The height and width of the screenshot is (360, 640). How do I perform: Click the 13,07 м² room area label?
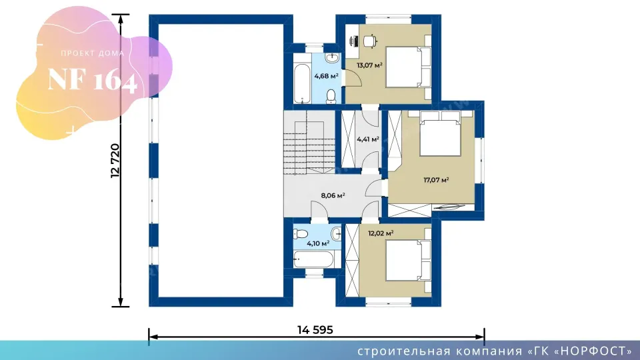pos(369,65)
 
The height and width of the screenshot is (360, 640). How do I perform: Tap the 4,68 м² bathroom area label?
pos(326,75)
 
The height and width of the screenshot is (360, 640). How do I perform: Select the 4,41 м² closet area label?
pos(368,139)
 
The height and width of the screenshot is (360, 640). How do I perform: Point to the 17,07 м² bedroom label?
pos(436,179)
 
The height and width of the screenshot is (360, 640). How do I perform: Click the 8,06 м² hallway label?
pos(333,195)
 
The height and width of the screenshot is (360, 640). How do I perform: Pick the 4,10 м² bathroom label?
pos(318,244)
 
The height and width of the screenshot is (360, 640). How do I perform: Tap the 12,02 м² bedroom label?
pos(381,233)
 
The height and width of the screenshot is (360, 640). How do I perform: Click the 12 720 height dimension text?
pos(115,161)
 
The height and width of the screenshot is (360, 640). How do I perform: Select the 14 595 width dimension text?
pos(315,330)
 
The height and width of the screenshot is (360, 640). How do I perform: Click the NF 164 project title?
pos(92,80)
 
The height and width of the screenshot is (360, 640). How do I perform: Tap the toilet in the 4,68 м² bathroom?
pos(331,96)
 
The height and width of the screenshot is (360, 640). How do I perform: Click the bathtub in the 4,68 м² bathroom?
pos(302,83)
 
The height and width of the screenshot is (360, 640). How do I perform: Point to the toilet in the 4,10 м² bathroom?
pos(301,234)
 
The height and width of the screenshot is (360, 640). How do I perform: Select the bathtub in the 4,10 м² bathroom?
pos(313,259)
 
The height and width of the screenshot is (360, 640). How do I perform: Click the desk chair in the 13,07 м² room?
pos(370,41)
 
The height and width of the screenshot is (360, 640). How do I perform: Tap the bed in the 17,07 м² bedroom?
pos(441,133)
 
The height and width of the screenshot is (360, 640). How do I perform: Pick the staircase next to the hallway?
pos(309,143)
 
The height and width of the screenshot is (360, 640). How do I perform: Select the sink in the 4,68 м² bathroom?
pos(332,59)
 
